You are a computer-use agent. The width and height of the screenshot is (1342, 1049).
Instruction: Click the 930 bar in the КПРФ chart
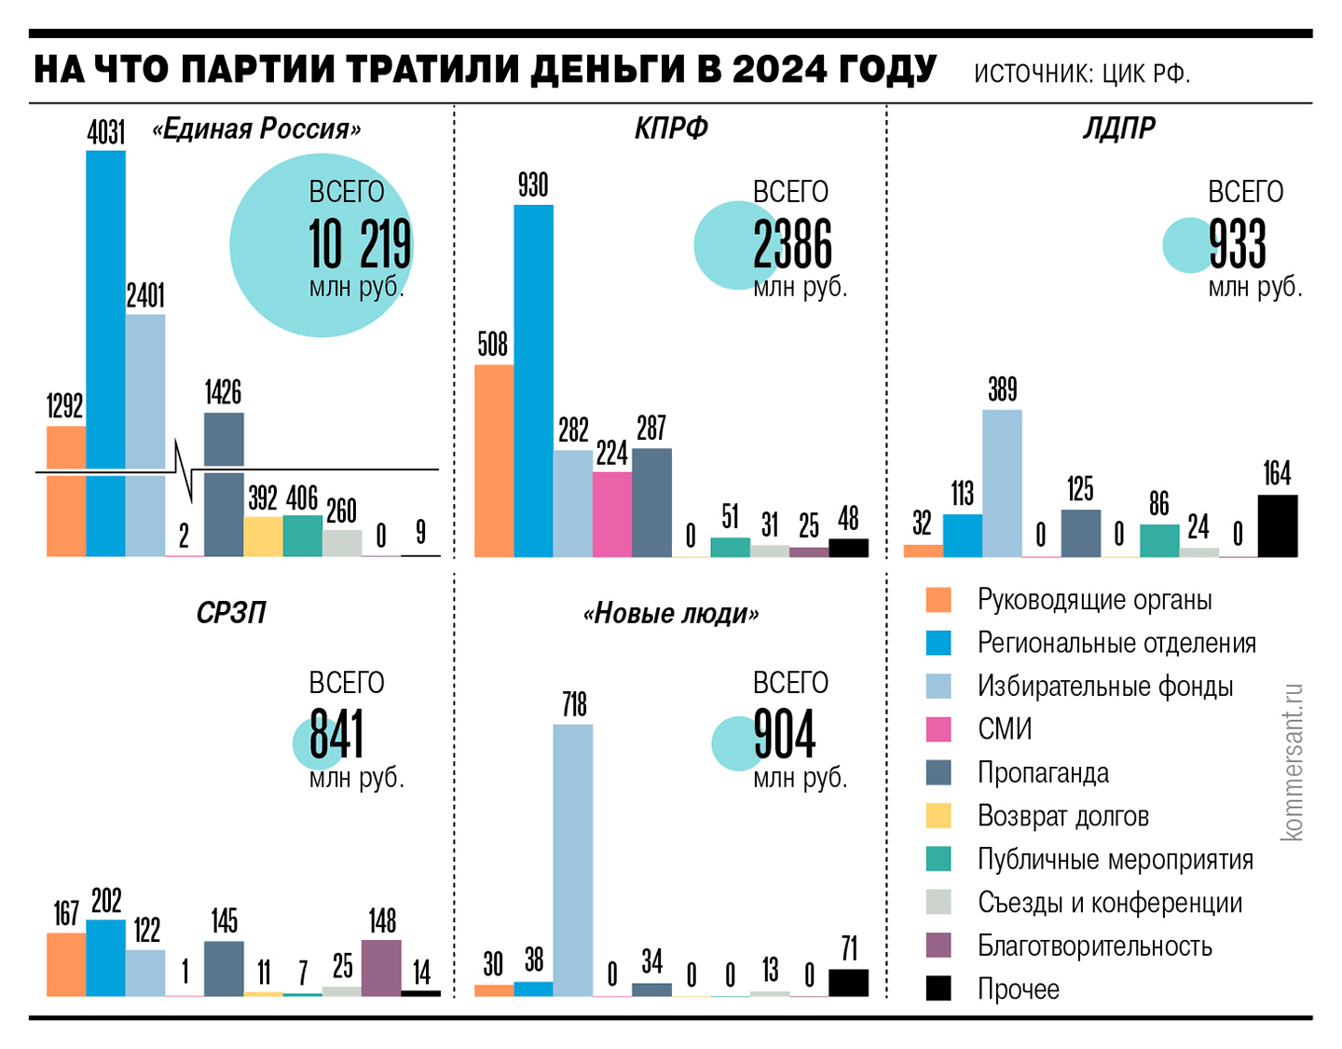coord(533,382)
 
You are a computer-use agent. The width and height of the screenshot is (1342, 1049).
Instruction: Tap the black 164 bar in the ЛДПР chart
coord(1277,526)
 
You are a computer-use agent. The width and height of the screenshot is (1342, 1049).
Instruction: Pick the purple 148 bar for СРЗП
coord(381,968)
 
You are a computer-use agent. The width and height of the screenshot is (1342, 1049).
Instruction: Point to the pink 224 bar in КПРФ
coord(611,514)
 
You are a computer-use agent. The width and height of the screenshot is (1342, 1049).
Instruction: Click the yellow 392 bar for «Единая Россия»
coord(263,537)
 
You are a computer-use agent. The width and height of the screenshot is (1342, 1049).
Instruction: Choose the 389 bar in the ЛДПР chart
coord(1002,484)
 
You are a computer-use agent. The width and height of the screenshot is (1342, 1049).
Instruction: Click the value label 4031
coord(106,133)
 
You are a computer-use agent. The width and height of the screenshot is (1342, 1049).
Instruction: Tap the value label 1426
coord(224,392)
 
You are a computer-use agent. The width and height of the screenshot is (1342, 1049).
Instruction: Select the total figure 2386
coord(792,245)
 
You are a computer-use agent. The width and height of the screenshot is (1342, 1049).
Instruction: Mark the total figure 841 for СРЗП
coord(336,735)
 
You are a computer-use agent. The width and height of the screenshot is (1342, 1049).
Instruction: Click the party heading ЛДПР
coord(1118,128)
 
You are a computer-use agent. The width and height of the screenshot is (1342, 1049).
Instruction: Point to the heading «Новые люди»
coord(670,613)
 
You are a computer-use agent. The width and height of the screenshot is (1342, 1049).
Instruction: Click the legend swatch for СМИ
coord(938,729)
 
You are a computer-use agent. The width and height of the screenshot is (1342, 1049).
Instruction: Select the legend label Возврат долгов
coord(1062,816)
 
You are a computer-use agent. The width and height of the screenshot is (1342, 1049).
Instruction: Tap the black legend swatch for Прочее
coord(938,988)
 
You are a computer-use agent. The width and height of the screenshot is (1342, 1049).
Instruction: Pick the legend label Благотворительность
coord(1094,946)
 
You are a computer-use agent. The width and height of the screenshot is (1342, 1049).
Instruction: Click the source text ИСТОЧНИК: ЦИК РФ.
coord(1081,74)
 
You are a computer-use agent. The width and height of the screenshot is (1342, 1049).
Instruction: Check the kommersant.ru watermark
coord(1292,762)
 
